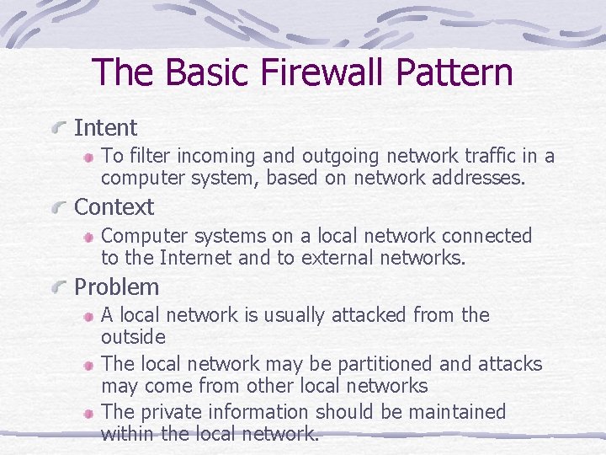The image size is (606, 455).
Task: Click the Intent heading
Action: (x=105, y=128)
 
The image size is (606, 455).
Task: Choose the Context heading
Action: (x=114, y=207)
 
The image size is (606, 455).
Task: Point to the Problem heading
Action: (x=116, y=287)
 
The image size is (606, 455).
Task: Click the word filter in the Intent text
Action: (x=146, y=156)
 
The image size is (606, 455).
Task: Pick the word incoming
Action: (x=214, y=157)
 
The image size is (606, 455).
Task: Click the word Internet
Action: (x=196, y=258)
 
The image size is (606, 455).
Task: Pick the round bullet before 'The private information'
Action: (x=88, y=414)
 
